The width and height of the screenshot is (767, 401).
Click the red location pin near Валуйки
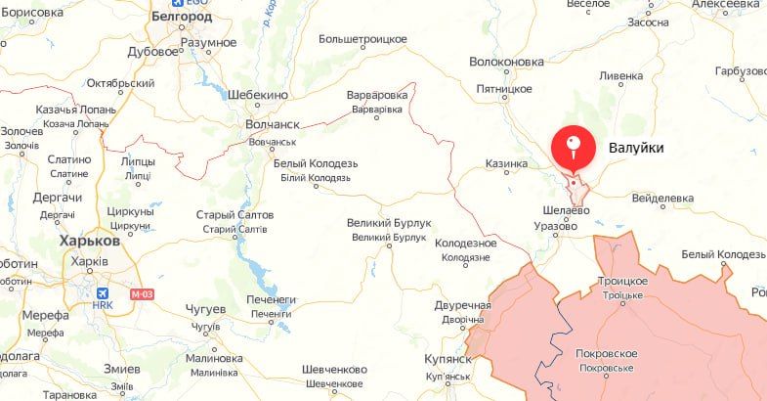click(x=574, y=148)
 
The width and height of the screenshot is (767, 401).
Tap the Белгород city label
click(x=184, y=17)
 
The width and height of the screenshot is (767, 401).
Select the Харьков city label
click(x=90, y=240)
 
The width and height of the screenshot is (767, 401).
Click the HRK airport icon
click(x=103, y=292)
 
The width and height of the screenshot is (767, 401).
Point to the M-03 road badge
click(x=142, y=293)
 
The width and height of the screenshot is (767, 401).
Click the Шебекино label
click(x=257, y=95)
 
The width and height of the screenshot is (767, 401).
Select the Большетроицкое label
click(x=362, y=39)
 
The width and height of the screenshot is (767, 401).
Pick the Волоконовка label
click(x=506, y=61)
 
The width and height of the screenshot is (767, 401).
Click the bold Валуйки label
click(x=636, y=148)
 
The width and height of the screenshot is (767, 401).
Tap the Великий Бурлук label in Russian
click(x=387, y=223)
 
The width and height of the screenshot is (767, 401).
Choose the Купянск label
click(x=448, y=359)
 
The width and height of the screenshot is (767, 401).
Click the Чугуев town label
click(x=206, y=310)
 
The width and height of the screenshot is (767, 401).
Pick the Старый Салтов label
click(x=234, y=214)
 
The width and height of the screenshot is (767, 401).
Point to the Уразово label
click(x=554, y=226)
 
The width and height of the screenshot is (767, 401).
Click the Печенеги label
click(x=271, y=299)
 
